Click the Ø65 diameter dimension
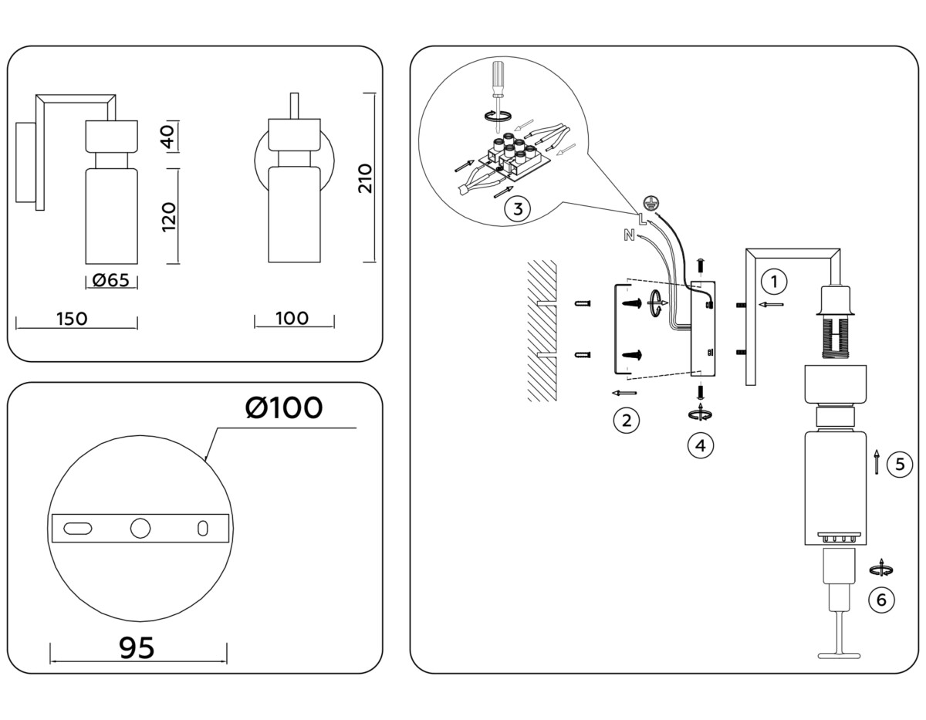click(x=110, y=281)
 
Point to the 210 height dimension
click(x=365, y=178)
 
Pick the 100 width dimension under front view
click(x=292, y=318)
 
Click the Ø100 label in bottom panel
click(x=284, y=407)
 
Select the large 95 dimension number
click(x=137, y=648)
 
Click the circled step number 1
click(x=775, y=280)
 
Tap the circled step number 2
click(x=627, y=421)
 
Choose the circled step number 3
click(x=517, y=208)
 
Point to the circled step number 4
click(x=701, y=445)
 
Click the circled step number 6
click(x=882, y=599)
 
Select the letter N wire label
click(x=629, y=236)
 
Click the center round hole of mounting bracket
click(x=140, y=529)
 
